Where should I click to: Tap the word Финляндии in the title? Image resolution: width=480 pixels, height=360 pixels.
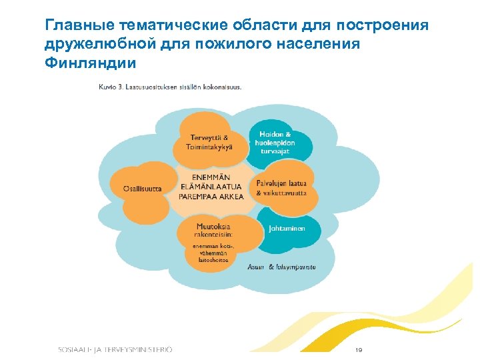[x=90, y=64]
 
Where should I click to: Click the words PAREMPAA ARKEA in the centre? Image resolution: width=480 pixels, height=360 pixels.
[x=212, y=197]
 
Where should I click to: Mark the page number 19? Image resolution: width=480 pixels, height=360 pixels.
[x=359, y=349]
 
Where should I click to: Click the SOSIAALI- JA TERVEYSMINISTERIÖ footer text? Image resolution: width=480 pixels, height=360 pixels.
[x=115, y=349]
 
